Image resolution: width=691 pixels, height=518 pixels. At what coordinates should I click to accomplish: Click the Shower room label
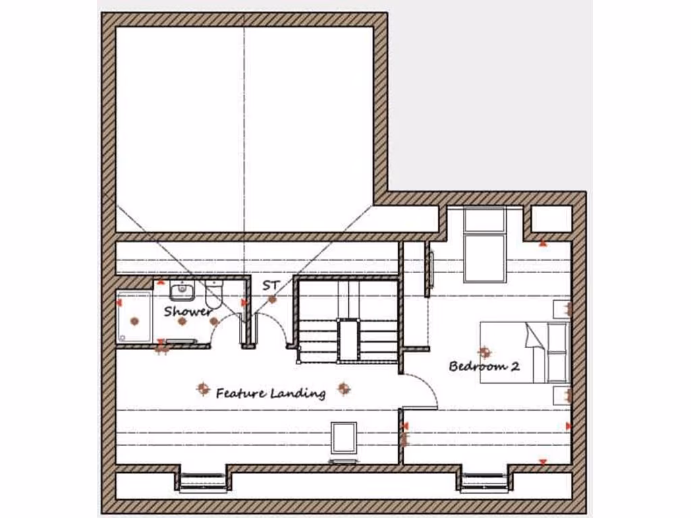point(188,312)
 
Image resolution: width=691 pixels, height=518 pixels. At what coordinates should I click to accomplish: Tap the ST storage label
point(271,285)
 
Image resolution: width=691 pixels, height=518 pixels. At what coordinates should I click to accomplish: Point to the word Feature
point(240,393)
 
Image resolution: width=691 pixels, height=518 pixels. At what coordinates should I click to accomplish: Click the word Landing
point(298,393)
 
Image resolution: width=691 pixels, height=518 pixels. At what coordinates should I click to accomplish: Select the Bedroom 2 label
point(485,367)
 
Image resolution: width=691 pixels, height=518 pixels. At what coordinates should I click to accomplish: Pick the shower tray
point(134,316)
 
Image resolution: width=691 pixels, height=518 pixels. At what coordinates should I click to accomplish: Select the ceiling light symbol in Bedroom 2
point(484,351)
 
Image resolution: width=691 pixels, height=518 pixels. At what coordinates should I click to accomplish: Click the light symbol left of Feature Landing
point(202,388)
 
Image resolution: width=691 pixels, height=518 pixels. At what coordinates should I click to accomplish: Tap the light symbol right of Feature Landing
point(343,388)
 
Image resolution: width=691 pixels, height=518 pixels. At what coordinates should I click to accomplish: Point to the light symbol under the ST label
point(272,299)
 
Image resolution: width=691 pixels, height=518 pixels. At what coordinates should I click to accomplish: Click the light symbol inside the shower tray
point(134,321)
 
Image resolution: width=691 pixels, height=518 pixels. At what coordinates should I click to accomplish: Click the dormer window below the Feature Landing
point(203,481)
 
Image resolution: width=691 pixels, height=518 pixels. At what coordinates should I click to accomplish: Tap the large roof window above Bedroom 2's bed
point(484,244)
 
